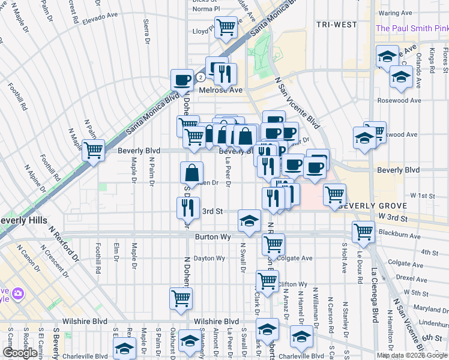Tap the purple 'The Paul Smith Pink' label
pos(412,28)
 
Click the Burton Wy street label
pos(212,237)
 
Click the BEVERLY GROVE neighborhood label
pos(364,205)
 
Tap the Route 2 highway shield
pos(200,77)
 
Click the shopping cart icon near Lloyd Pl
pos(225,27)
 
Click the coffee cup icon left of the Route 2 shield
pos(182,79)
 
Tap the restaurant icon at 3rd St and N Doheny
pos(188,207)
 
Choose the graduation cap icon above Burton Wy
pos(249,220)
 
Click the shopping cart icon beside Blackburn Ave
pos(363,231)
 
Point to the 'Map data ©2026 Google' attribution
pos(412,355)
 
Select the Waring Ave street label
pos(395,13)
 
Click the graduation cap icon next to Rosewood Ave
pos(401,77)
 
